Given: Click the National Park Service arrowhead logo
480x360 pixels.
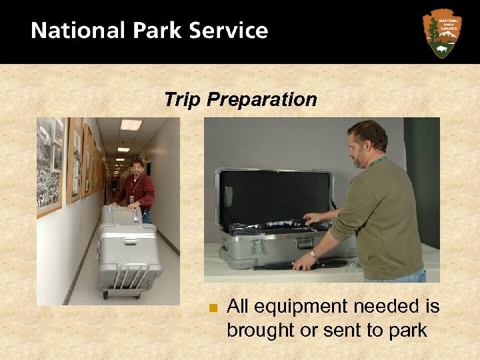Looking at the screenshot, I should [x=441, y=33].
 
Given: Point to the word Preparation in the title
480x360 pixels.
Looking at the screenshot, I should [x=262, y=101].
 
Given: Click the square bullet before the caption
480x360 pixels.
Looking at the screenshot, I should [x=213, y=308].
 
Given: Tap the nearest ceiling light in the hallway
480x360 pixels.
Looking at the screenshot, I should [x=131, y=125].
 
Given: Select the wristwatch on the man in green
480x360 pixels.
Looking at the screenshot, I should [x=313, y=254].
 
